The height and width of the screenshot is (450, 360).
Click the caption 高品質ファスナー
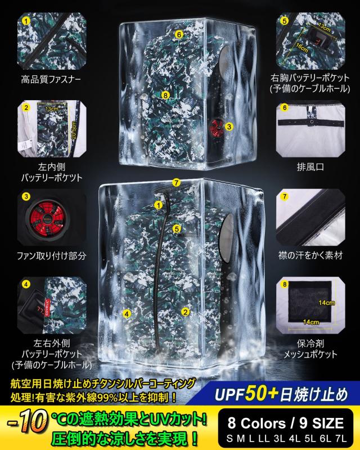tap(51, 80)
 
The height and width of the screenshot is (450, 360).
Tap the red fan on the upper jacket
tap(216, 127)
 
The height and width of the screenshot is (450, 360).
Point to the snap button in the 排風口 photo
tap(307, 119)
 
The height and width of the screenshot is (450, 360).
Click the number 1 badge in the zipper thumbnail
tap(26, 21)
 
